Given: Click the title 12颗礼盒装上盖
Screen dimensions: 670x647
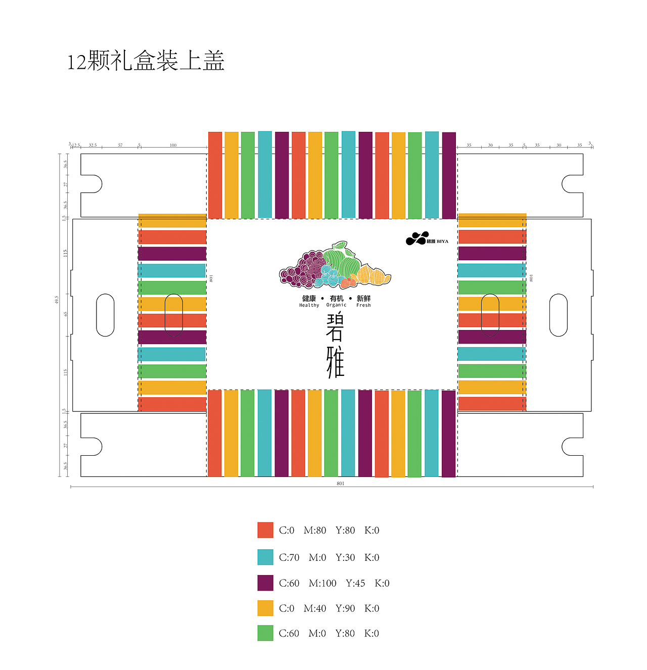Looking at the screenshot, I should pos(146,61).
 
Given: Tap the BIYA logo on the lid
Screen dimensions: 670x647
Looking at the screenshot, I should pos(427,239).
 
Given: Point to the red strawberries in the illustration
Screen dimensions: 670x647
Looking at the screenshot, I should pos(348,282).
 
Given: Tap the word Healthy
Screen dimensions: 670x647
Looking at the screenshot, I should pos(309,305).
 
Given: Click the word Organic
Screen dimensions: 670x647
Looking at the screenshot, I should pos(336,305).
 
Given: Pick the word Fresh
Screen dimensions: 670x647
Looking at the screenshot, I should pos(363,305).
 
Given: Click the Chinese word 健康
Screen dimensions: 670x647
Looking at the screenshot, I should pos(309,299).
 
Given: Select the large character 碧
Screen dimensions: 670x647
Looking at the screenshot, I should pos(335,328).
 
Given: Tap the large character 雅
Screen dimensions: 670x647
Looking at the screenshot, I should pos(335,362).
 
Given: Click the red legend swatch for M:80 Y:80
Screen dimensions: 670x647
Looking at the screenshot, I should pos(265,530).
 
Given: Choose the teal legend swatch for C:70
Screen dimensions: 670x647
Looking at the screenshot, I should pos(265,557).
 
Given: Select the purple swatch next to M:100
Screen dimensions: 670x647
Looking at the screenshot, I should pos(265,583).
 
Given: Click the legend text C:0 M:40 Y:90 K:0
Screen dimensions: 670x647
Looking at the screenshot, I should pos(329,608).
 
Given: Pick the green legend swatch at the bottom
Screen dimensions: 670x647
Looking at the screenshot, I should pos(265,633).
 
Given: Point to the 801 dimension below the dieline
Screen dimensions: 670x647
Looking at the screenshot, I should pos(340,484).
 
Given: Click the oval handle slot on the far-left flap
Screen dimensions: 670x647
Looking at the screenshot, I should pos(105,315).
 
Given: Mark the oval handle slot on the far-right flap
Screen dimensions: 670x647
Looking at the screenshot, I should pos(558,315).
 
